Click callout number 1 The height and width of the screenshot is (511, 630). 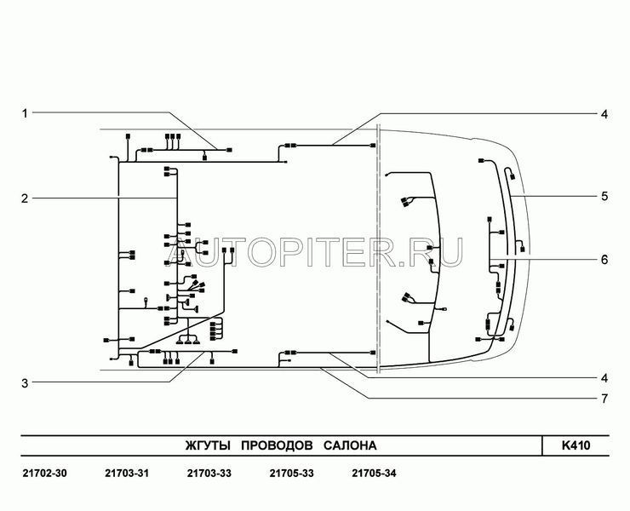click(x=25, y=113)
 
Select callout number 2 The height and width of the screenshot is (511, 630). click(x=25, y=198)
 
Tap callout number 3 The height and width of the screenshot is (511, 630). click(x=25, y=383)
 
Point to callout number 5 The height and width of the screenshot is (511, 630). click(x=604, y=197)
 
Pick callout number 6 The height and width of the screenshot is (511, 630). click(x=604, y=260)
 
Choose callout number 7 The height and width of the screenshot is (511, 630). click(x=604, y=399)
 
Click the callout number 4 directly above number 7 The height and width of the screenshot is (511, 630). click(x=604, y=378)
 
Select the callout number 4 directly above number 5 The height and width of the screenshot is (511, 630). click(x=604, y=115)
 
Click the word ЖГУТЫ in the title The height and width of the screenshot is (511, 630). click(x=208, y=446)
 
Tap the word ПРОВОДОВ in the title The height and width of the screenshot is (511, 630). click(x=277, y=446)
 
